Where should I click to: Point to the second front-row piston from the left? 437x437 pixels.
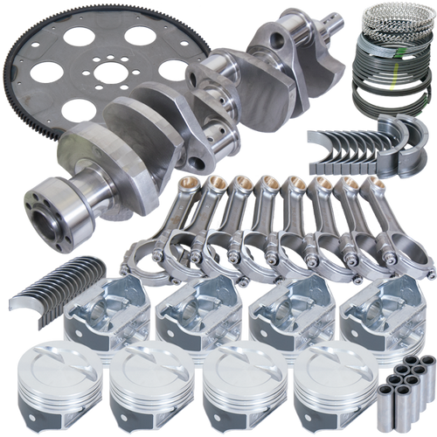[x=149, y=385]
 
